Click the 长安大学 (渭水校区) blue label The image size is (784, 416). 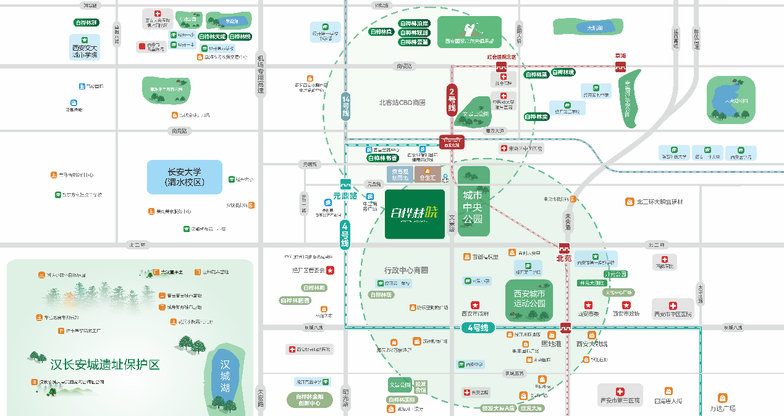[183, 177]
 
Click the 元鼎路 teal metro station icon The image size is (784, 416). [345, 184]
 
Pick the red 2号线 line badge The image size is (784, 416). [452, 99]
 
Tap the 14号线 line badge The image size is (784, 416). [345, 106]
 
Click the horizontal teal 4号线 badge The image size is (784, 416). [478, 328]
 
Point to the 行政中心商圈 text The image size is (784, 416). [406, 270]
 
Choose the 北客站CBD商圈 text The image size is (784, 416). [402, 102]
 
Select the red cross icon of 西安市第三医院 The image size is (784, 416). [620, 391]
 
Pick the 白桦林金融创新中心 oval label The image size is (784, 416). [310, 400]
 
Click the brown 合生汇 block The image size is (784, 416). [428, 174]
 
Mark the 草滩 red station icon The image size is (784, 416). [620, 67]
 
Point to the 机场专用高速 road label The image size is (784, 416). [260, 73]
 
